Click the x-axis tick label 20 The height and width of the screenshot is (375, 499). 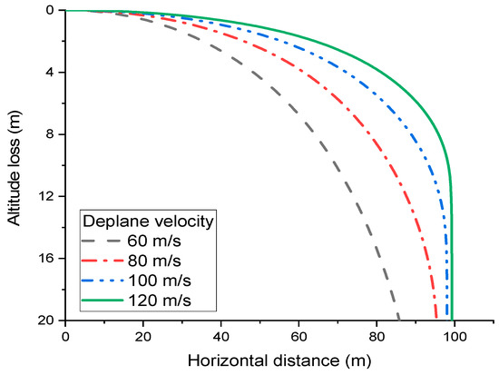coord(142,335)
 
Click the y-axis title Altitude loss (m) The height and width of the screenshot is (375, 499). coord(16,164)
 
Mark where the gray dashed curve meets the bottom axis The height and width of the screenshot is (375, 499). coord(398,320)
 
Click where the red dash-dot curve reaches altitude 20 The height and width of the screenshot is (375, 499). coord(436,320)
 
